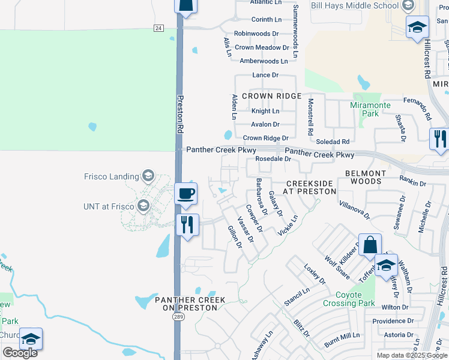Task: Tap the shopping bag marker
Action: tap(370, 245)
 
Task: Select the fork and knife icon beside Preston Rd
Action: tap(187, 225)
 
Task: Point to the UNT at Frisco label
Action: tap(109, 206)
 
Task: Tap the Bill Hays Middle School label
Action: tap(354, 5)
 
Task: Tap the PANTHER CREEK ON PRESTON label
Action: tap(190, 304)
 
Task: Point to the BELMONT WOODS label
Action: tap(366, 177)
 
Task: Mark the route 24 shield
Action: tap(158, 28)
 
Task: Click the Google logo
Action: tap(20, 352)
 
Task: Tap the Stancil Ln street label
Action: tap(297, 297)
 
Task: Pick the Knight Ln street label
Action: tap(265, 111)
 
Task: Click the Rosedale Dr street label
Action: tap(273, 159)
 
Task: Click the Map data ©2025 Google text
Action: tap(412, 355)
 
